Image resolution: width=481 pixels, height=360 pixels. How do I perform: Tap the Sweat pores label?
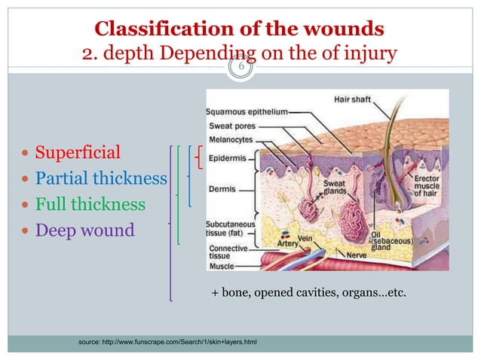coord(230,126)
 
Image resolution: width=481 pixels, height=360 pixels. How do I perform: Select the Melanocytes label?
coord(232,139)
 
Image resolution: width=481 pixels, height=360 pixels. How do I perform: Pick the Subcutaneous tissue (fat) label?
coord(231,227)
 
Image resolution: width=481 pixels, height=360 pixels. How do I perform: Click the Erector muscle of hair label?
coord(426,185)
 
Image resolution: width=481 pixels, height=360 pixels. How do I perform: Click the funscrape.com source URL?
coord(167,343)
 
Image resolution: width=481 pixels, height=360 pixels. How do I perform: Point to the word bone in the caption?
coord(234,291)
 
